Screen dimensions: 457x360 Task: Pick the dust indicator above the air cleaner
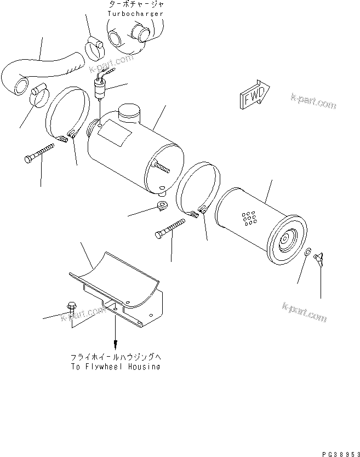pos(100,88)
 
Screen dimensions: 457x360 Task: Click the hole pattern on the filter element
pos(250,218)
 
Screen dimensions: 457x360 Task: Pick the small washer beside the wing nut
pos(308,252)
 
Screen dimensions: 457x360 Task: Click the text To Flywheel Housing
pos(116,367)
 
